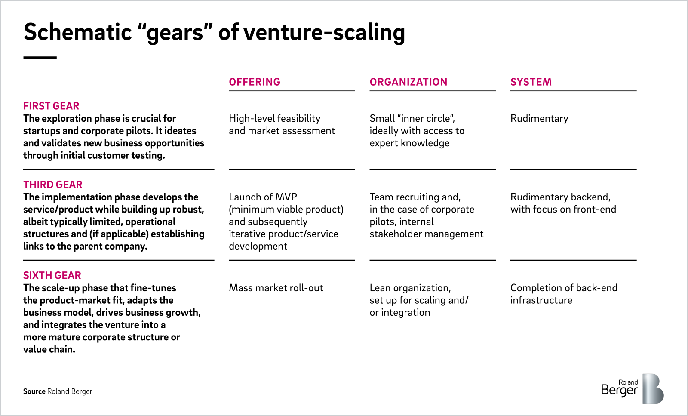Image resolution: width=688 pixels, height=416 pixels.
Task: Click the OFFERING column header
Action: pyautogui.click(x=255, y=82)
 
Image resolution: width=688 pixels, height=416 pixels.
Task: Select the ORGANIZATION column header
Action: pyautogui.click(x=408, y=82)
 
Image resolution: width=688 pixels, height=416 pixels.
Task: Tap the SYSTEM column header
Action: pyautogui.click(x=531, y=82)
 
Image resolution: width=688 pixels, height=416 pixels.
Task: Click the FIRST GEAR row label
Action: pyautogui.click(x=51, y=106)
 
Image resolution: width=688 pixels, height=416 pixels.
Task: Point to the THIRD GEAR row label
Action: pyautogui.click(x=53, y=185)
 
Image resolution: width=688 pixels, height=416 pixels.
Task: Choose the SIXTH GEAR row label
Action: pyautogui.click(x=52, y=276)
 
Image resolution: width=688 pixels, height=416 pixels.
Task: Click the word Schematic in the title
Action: pyautogui.click(x=78, y=32)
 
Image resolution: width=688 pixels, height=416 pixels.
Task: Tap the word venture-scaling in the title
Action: pyautogui.click(x=324, y=33)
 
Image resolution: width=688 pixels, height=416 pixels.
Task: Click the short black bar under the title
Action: pyautogui.click(x=40, y=58)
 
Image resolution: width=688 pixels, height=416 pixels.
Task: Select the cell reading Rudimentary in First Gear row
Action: pyautogui.click(x=539, y=119)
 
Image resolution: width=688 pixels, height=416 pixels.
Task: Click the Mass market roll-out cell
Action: pyautogui.click(x=276, y=288)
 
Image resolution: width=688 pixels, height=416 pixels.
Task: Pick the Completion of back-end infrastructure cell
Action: pyautogui.click(x=564, y=294)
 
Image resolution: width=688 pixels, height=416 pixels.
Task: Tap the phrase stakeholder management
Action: pyautogui.click(x=426, y=234)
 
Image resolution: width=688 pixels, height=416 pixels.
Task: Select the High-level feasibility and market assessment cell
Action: pyautogui.click(x=282, y=125)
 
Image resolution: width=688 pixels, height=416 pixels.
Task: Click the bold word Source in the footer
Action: pyautogui.click(x=34, y=391)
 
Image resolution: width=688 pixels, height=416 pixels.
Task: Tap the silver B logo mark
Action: pyautogui.click(x=653, y=388)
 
